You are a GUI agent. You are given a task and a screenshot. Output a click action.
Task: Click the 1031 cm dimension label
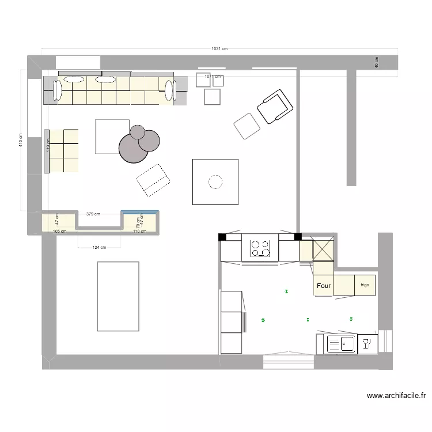219,49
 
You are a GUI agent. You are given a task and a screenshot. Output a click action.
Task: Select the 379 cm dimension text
93,214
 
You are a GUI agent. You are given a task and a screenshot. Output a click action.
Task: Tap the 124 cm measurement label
99,248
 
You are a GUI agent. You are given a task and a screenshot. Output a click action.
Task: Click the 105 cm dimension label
59,232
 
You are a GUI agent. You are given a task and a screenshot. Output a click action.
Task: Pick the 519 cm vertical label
48,151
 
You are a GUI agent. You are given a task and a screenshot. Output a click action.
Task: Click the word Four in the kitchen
324,286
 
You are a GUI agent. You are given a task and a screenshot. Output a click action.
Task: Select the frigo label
365,285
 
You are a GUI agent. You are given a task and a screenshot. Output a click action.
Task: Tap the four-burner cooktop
260,248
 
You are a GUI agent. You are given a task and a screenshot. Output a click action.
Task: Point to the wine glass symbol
366,344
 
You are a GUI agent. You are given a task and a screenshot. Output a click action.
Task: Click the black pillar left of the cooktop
222,236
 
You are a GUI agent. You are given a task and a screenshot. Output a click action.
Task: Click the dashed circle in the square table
215,182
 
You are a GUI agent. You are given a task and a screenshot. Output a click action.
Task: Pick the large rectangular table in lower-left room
118,296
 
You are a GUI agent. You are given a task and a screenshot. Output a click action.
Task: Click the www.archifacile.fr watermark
396,396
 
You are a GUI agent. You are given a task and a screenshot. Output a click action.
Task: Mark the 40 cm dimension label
377,62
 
